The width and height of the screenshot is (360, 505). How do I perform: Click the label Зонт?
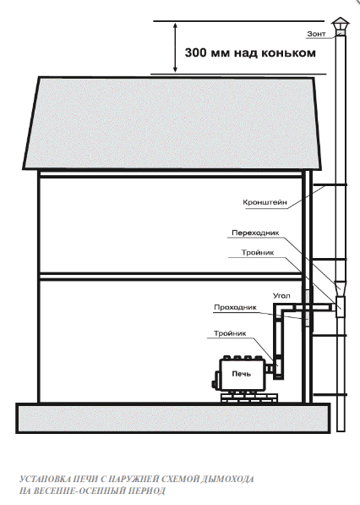click(316, 34)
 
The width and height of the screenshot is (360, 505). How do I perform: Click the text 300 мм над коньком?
click(250, 52)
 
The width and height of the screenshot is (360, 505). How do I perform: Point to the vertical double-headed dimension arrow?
click(175, 47)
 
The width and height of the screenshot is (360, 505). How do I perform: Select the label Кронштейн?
click(265, 202)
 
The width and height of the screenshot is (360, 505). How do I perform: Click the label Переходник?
click(255, 233)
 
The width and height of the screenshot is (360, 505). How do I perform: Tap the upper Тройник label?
click(258, 252)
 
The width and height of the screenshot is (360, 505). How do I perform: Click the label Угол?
click(281, 295)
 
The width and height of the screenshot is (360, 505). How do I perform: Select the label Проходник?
click(235, 307)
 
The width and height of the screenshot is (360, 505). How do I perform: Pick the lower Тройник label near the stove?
click(230, 333)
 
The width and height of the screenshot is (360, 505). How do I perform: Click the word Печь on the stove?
click(242, 374)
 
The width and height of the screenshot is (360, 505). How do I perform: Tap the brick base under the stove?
click(249, 397)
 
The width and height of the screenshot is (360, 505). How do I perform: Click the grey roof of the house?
click(172, 123)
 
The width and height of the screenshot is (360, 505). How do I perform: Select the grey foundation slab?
click(173, 419)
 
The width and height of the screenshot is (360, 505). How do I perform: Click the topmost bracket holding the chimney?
click(329, 185)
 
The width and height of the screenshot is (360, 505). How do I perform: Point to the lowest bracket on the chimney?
click(330, 394)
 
